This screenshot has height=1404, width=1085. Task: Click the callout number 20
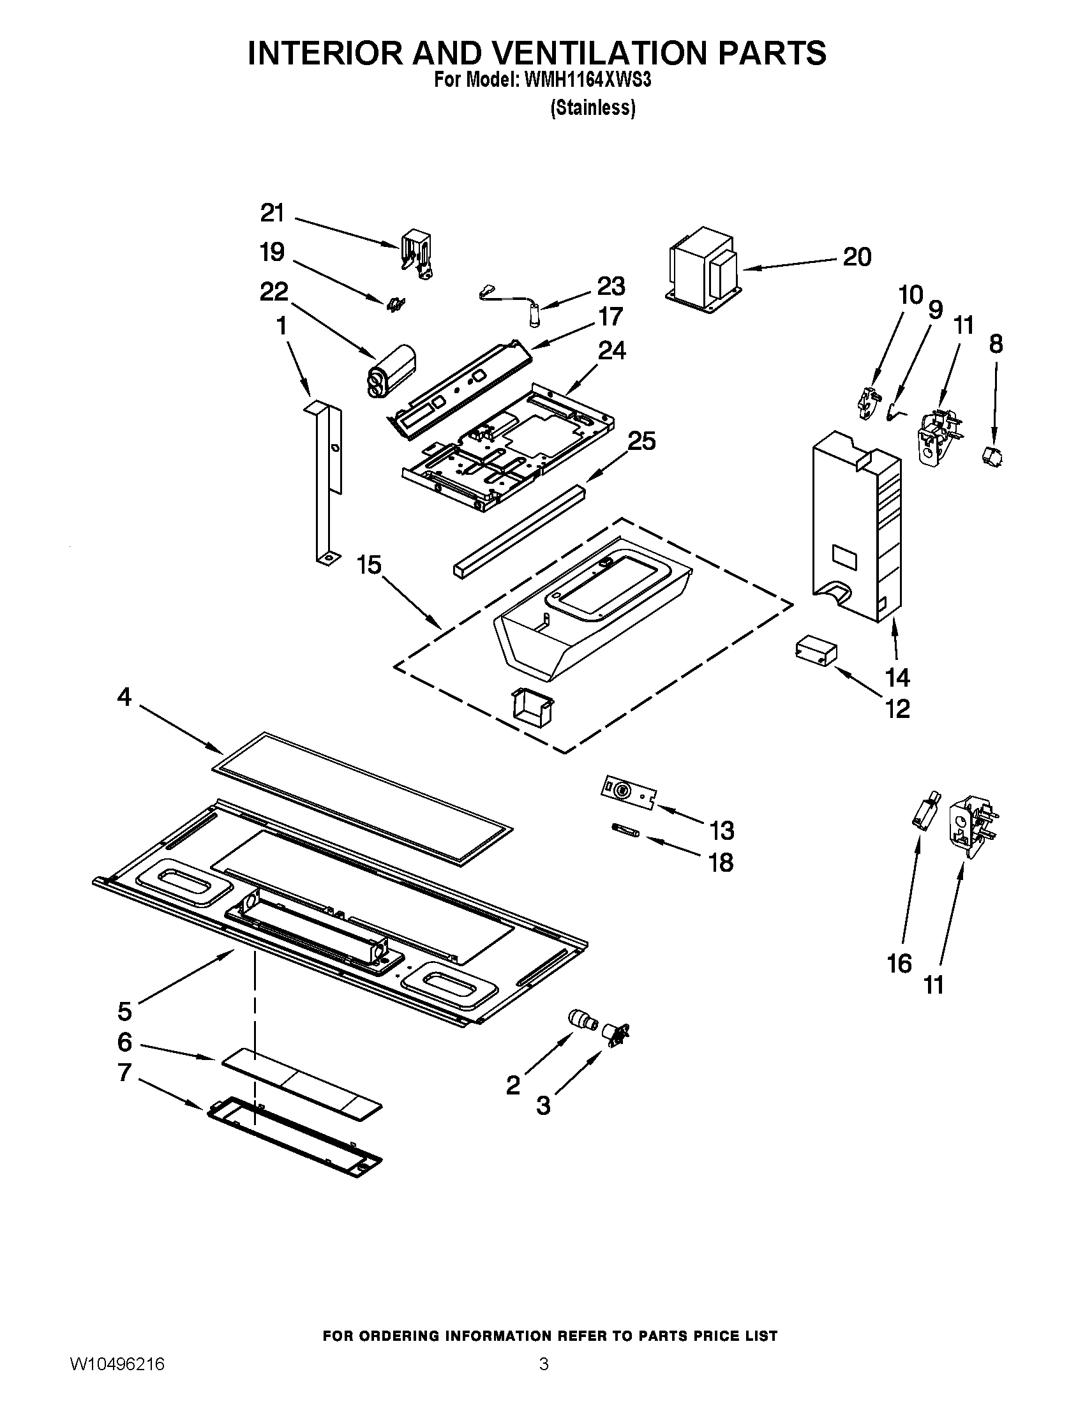pos(857,257)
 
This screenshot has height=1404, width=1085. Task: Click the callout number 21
pos(273,213)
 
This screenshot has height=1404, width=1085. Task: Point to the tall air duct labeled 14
pos(855,527)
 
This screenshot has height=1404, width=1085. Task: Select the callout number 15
pos(369,565)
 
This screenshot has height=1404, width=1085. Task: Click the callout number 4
pos(124,697)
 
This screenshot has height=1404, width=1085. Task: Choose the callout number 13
pos(721,830)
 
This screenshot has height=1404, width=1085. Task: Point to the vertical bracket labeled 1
pos(325,482)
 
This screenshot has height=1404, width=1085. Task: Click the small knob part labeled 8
pos(993,456)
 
